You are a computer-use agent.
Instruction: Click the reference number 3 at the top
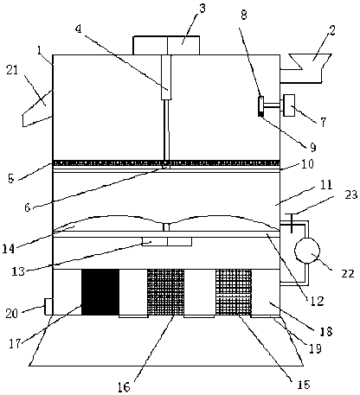(202, 9)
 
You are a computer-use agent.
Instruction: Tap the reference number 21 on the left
(12, 70)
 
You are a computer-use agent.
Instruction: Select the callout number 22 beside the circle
(347, 273)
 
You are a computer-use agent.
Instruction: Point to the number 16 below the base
(125, 387)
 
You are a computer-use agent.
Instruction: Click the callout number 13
(18, 271)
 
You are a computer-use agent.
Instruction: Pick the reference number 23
(351, 194)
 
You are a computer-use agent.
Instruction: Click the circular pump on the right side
(307, 251)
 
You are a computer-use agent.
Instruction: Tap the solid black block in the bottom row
(100, 292)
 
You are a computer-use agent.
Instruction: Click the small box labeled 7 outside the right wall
(289, 105)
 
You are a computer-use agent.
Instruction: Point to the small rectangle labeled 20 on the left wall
(48, 307)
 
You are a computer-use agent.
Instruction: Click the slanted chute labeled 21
(37, 108)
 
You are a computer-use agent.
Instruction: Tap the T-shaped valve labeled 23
(292, 222)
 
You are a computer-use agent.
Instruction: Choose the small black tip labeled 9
(260, 114)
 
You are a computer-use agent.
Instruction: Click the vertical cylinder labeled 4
(166, 77)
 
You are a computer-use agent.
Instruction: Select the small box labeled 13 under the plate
(167, 242)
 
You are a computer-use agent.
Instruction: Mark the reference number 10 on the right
(307, 164)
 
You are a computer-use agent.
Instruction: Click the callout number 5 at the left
(11, 179)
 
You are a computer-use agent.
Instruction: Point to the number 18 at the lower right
(326, 331)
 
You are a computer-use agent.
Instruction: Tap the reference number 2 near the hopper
(332, 31)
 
